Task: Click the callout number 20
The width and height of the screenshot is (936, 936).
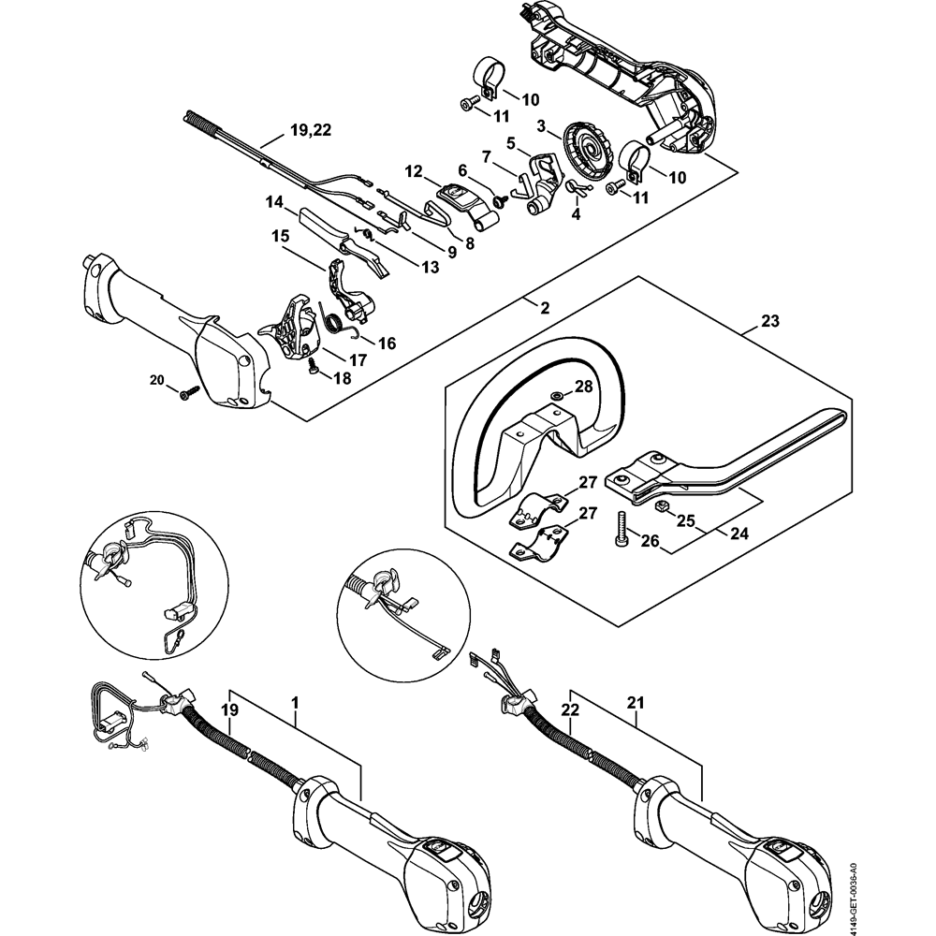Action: pyautogui.click(x=156, y=379)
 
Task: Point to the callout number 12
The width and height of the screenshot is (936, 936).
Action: pyautogui.click(x=415, y=171)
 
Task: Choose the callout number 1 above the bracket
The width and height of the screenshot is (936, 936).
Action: pyautogui.click(x=296, y=701)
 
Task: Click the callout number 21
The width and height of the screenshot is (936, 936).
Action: pyautogui.click(x=636, y=701)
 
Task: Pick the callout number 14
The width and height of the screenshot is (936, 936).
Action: pyautogui.click(x=274, y=202)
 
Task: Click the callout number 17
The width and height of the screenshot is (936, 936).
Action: pyautogui.click(x=358, y=359)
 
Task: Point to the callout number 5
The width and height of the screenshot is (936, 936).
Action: pyautogui.click(x=511, y=142)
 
